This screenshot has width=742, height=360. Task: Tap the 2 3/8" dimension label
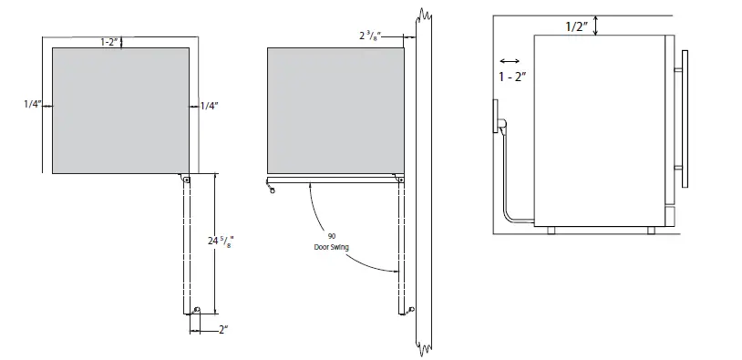pos(369,35)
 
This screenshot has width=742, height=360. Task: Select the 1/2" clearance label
pos(576,26)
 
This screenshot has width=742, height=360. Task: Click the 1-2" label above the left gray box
pos(108,42)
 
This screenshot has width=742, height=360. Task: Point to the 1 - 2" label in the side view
pos(512,77)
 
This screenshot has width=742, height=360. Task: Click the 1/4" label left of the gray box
pos(33,105)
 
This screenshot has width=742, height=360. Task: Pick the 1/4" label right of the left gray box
pos(209,107)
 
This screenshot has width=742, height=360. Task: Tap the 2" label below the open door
pos(223,330)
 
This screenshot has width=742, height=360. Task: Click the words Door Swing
pos(331,247)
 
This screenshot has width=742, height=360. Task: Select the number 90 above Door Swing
pos(332,236)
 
